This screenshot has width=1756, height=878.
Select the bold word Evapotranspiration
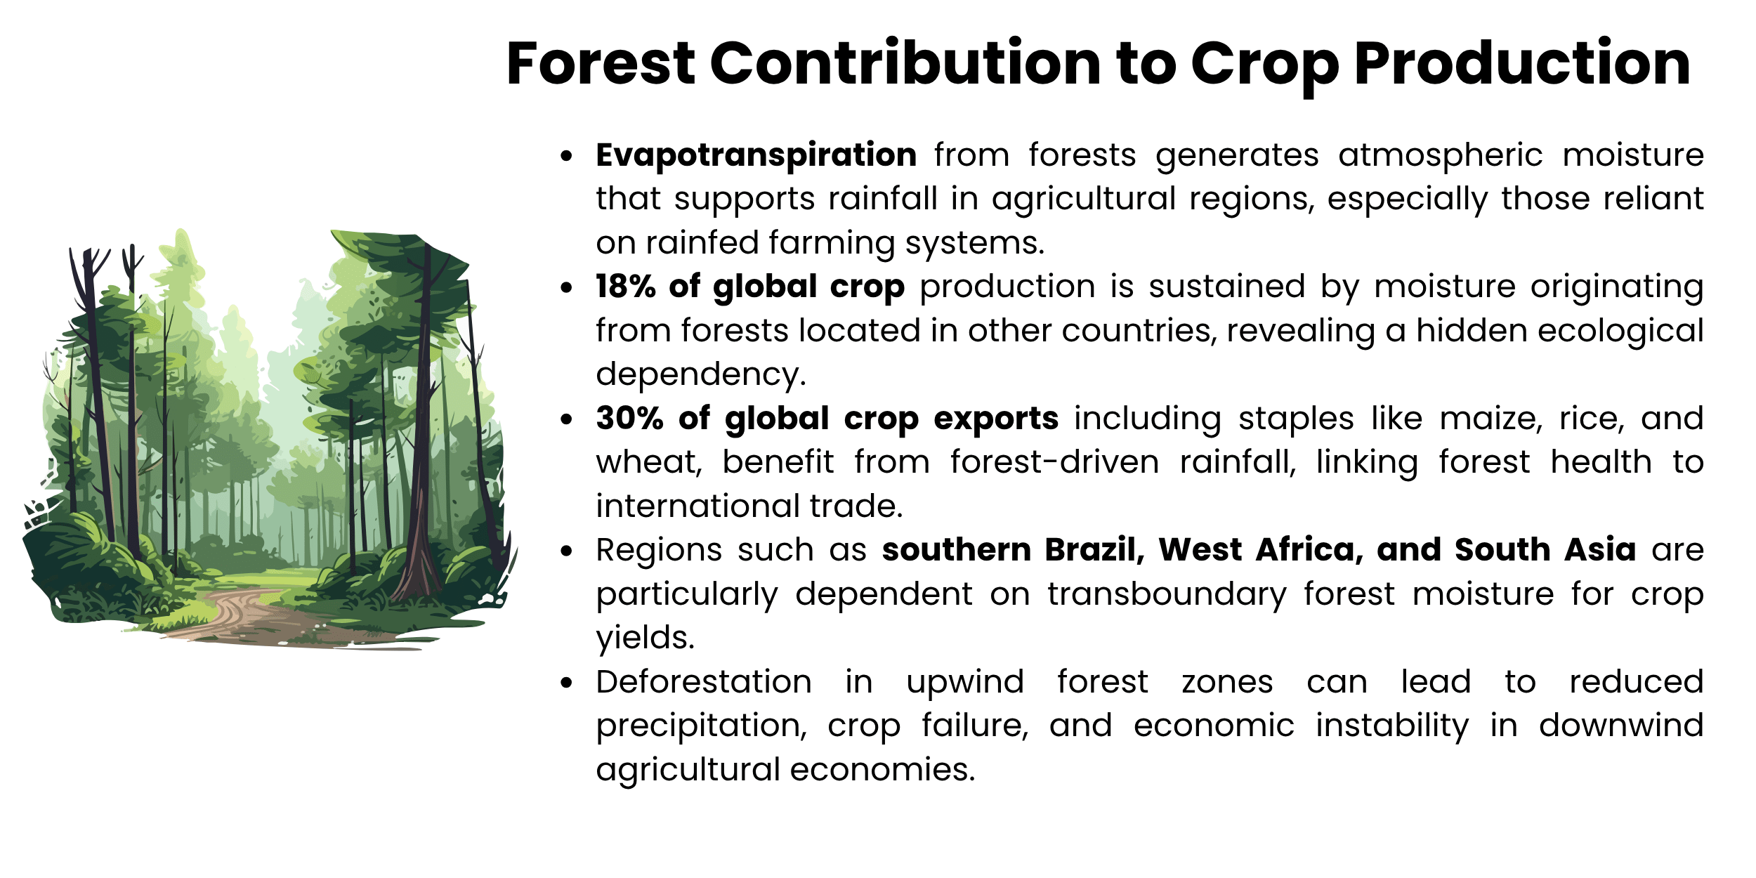(x=756, y=155)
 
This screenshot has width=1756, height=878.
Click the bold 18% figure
(x=625, y=287)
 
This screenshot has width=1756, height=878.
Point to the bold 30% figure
(x=629, y=419)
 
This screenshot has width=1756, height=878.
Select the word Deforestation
(x=704, y=682)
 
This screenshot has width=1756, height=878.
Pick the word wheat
(x=648, y=463)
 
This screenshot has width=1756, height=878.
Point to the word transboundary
(x=1167, y=594)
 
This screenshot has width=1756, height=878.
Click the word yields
(x=645, y=638)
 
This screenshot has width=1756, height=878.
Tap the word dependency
(x=700, y=375)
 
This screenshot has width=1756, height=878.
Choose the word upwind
(x=965, y=682)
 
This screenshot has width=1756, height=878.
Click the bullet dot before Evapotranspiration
(x=567, y=156)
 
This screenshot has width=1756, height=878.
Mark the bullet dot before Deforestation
(x=567, y=683)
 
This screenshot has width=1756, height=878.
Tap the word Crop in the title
(x=1265, y=65)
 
